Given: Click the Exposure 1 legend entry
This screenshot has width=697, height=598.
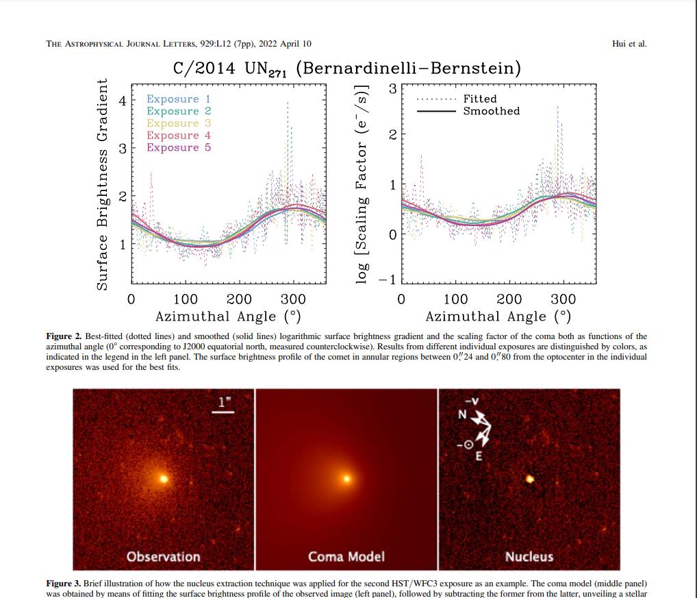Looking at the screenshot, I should [x=178, y=99].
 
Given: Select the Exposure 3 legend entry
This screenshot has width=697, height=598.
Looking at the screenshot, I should [x=178, y=123].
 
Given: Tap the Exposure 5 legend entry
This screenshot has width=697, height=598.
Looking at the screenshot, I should [x=178, y=147].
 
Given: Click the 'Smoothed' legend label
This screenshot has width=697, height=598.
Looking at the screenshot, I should [x=491, y=111].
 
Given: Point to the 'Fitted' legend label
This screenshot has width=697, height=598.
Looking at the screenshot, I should [x=479, y=99].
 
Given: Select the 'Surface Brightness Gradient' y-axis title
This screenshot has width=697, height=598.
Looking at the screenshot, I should [x=102, y=184].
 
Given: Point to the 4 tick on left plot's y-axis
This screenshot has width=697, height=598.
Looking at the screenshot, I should [x=123, y=101].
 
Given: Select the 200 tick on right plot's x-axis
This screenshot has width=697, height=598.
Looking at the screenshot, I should [x=509, y=299].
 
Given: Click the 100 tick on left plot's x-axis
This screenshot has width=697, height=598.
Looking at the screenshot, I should [x=185, y=299].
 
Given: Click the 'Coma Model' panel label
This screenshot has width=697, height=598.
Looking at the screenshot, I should [x=346, y=556].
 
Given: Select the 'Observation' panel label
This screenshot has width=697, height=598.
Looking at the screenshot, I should [x=164, y=556].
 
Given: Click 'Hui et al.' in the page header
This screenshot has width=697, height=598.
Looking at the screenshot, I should [x=629, y=44].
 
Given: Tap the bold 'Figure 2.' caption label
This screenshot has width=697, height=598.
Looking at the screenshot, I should [x=64, y=336].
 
